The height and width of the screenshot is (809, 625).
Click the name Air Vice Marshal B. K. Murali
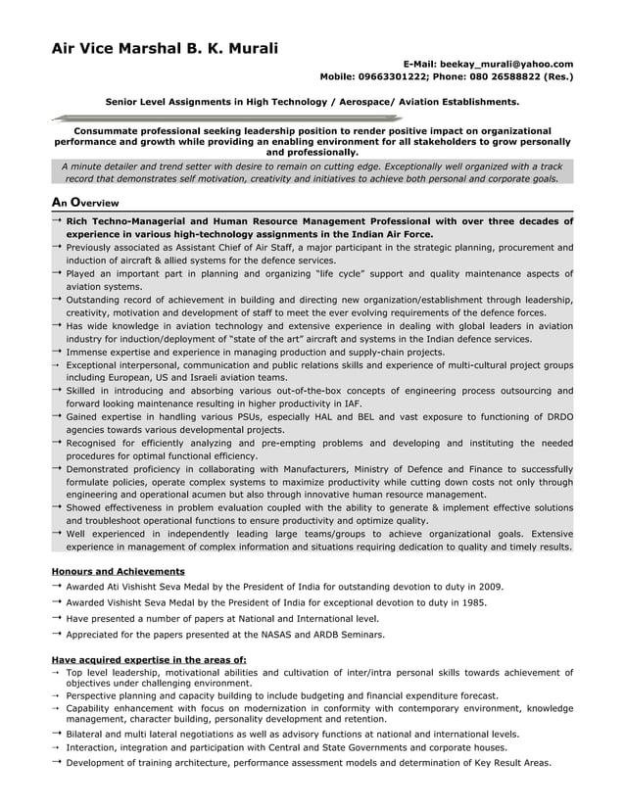point(165,48)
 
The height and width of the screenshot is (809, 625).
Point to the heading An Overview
point(84,202)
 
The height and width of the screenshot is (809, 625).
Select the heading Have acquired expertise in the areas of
point(148,659)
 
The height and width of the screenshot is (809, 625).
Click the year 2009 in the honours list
point(491,586)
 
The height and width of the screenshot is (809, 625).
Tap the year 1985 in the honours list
point(474,602)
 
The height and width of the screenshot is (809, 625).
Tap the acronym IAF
point(352,402)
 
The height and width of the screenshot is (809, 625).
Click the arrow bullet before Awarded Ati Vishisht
point(57,586)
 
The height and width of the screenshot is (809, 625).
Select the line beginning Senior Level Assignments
point(312,101)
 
